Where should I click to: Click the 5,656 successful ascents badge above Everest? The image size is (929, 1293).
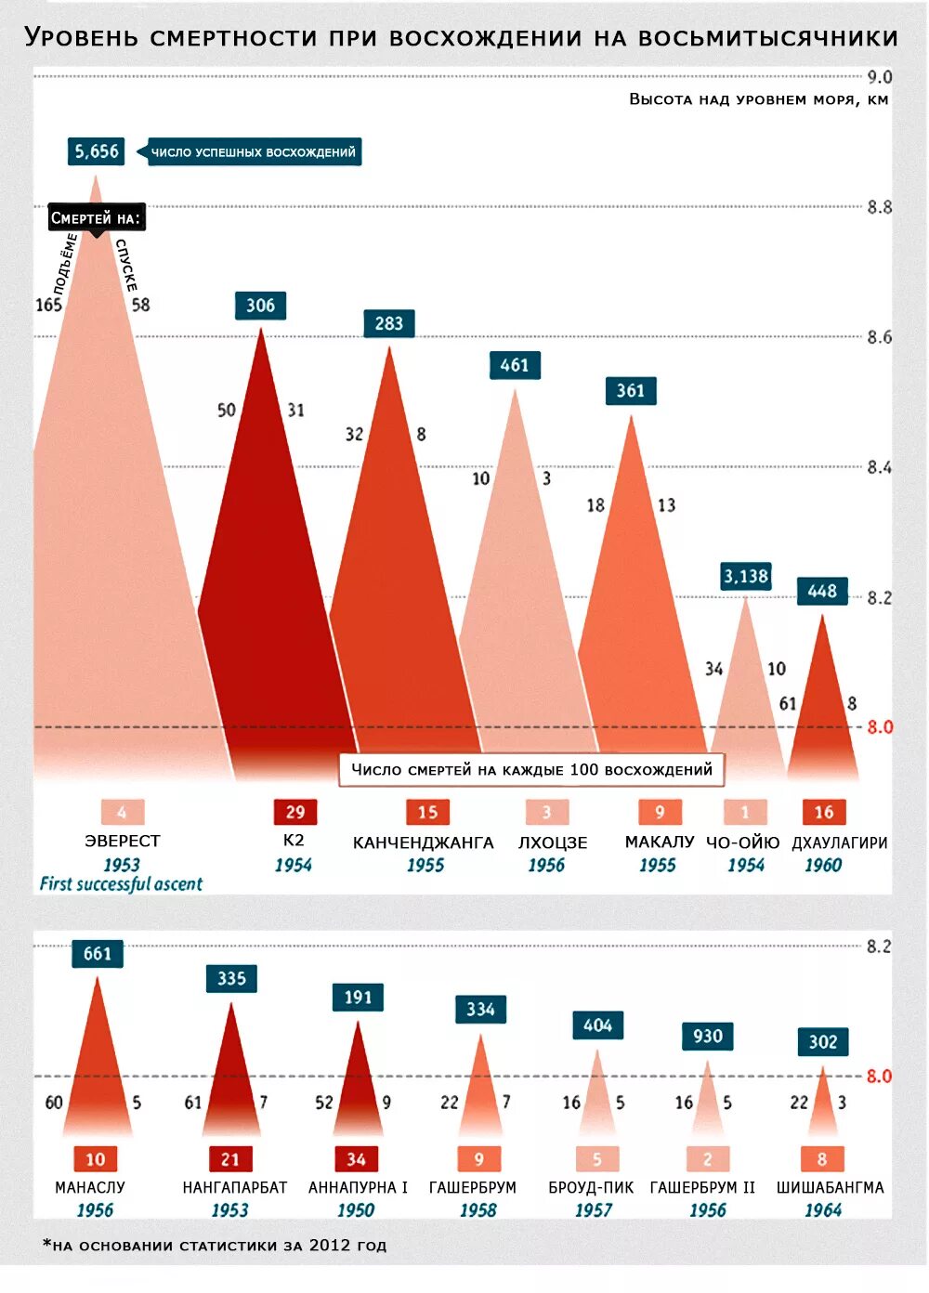[97, 151]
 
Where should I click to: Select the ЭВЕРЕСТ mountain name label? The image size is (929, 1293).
[122, 841]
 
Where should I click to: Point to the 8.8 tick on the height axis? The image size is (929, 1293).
[879, 207]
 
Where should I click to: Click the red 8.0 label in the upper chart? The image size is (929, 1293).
[879, 727]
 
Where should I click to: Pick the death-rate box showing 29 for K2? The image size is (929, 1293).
[294, 812]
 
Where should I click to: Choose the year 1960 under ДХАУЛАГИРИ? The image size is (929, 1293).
[823, 865]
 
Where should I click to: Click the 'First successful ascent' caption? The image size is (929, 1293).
[121, 884]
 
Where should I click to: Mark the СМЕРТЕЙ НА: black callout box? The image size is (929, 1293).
[96, 218]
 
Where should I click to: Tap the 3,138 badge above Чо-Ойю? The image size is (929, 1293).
[746, 576]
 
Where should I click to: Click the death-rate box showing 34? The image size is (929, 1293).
[356, 1159]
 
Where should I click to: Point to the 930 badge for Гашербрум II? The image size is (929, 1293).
[707, 1036]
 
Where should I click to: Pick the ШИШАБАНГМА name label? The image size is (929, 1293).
[830, 1187]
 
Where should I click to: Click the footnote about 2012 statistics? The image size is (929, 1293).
[215, 1245]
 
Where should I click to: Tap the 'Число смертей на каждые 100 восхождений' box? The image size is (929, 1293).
[531, 769]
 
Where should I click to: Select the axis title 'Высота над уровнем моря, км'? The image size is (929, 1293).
[758, 99]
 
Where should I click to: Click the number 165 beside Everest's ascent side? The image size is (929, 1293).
[48, 305]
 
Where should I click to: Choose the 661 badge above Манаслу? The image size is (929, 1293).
[97, 953]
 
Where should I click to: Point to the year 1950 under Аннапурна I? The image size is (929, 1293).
[356, 1210]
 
